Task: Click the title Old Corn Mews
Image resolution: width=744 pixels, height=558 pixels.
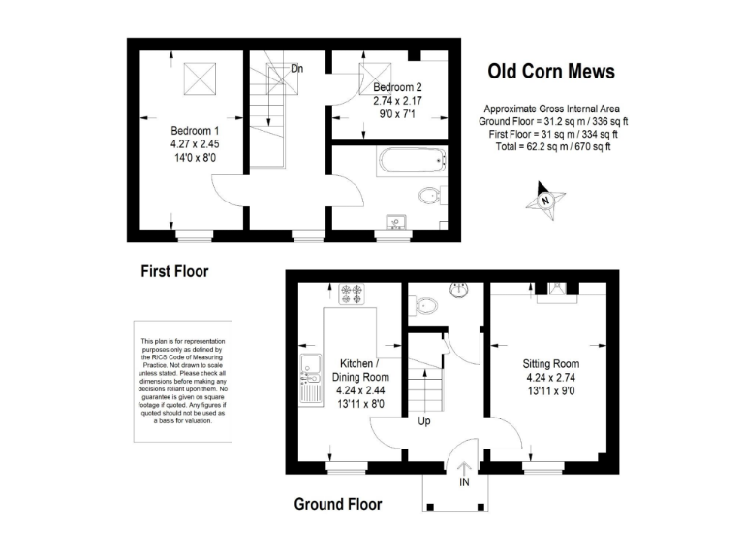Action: coord(549,71)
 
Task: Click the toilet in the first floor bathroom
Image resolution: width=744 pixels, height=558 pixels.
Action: coord(432,197)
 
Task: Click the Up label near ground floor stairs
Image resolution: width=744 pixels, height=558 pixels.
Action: coord(424,421)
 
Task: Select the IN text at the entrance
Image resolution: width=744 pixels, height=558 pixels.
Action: coord(464,482)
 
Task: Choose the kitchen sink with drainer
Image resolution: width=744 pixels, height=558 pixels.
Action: coord(310,380)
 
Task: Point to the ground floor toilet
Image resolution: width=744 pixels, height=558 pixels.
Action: coord(424,307)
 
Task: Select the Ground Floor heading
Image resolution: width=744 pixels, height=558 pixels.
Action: coord(338,504)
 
